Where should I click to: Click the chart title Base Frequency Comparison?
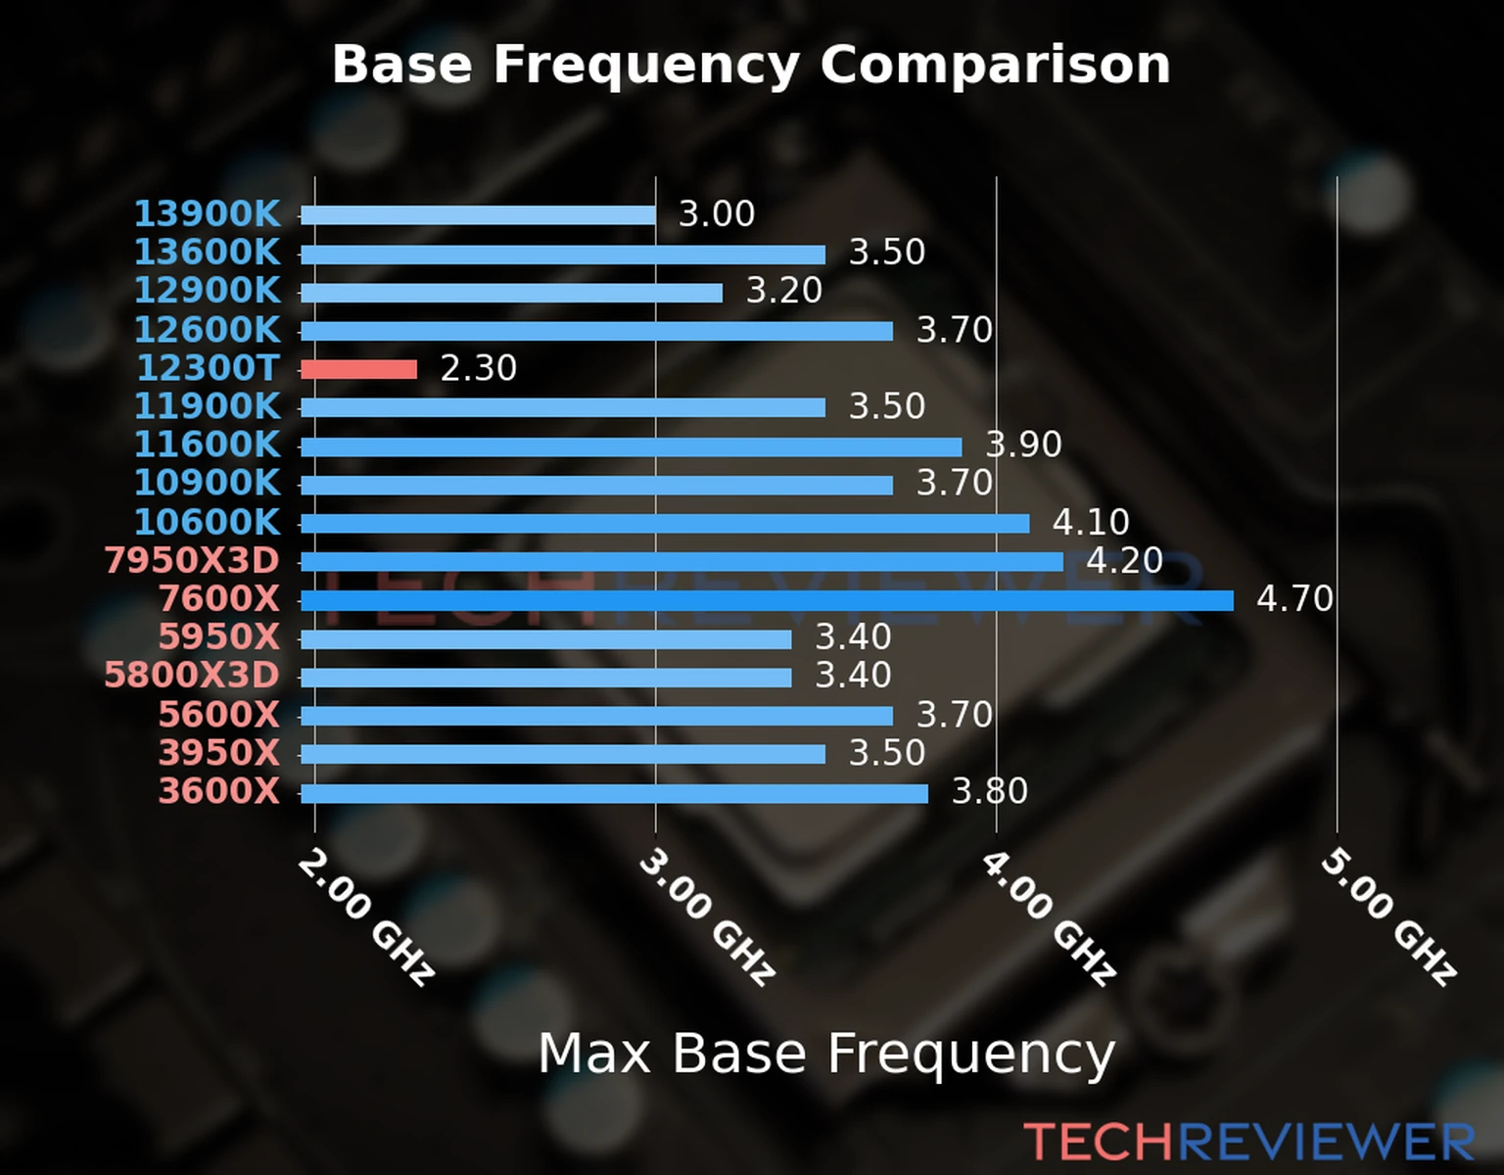point(751,66)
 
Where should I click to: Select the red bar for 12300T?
point(358,369)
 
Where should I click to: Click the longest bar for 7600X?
point(767,600)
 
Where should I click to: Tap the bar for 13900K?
point(478,215)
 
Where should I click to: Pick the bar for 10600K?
point(665,524)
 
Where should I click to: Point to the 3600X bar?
point(614,793)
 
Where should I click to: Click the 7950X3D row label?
point(192,561)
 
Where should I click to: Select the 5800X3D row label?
point(192,676)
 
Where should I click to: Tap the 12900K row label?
point(207,291)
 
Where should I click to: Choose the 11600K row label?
point(207,445)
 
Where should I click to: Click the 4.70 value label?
point(1294,598)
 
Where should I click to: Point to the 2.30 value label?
point(478,368)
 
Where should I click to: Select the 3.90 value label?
point(1023,445)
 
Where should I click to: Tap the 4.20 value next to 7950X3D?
point(1124,560)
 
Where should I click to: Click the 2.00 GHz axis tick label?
point(365,917)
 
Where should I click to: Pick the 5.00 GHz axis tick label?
point(1388,917)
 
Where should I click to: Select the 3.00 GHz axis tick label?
point(707,917)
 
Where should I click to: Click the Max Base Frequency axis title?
point(826,1055)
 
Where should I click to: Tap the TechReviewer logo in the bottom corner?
point(1248,1142)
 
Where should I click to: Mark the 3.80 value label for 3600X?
point(989,791)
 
